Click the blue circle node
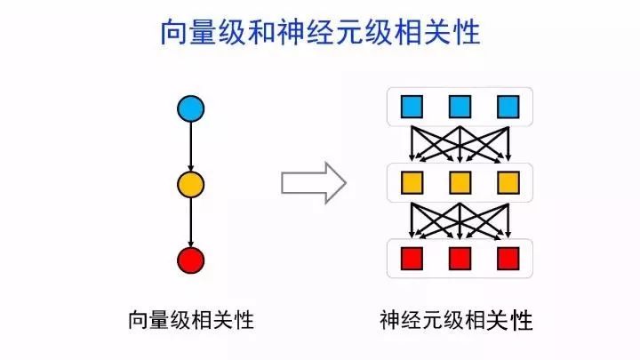(x=191, y=109)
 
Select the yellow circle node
(x=191, y=185)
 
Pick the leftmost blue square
(x=412, y=108)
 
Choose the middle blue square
(x=460, y=108)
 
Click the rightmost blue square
(x=508, y=108)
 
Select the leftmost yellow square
(x=412, y=183)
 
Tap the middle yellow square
(x=460, y=183)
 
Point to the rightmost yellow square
(x=508, y=183)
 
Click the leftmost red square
(x=412, y=259)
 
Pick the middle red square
(x=460, y=259)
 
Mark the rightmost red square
(x=508, y=259)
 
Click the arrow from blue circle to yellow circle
(x=191, y=147)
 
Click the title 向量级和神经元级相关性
(x=320, y=33)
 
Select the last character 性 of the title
(x=466, y=33)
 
